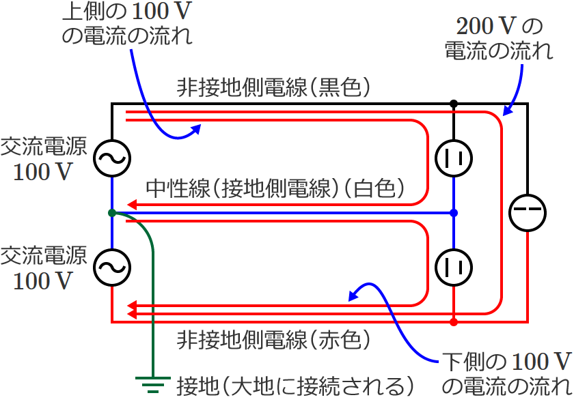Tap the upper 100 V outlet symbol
coord(454,158)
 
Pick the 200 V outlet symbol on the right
coord(528,212)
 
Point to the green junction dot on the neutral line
coord(111,213)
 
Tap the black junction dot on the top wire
coord(454,104)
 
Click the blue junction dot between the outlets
coord(454,213)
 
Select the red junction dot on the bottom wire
coord(454,321)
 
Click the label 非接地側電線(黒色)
coord(273,87)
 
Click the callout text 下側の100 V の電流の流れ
coord(506,373)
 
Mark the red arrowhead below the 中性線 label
coord(133,204)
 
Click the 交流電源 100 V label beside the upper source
coord(42,158)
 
